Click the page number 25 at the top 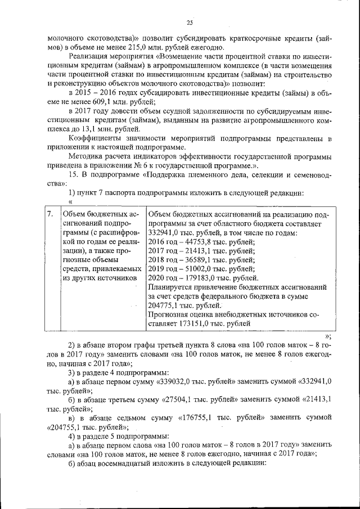pos(189,22)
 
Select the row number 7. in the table pos(50,214)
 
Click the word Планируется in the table pos(173,287)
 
